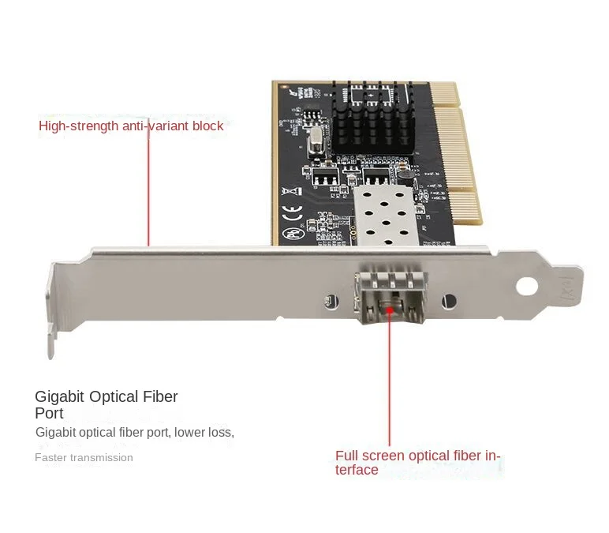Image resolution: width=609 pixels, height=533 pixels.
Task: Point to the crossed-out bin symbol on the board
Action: [x=290, y=190]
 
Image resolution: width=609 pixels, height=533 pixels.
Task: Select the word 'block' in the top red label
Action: [x=207, y=126]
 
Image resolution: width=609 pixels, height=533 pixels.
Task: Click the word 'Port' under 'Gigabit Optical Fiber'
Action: [x=48, y=413]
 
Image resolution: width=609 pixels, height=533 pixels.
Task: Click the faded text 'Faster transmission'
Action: [x=84, y=457]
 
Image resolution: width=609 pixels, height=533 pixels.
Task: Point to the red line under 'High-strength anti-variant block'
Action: [x=148, y=190]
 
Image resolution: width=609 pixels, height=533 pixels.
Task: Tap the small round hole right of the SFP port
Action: [x=449, y=301]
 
